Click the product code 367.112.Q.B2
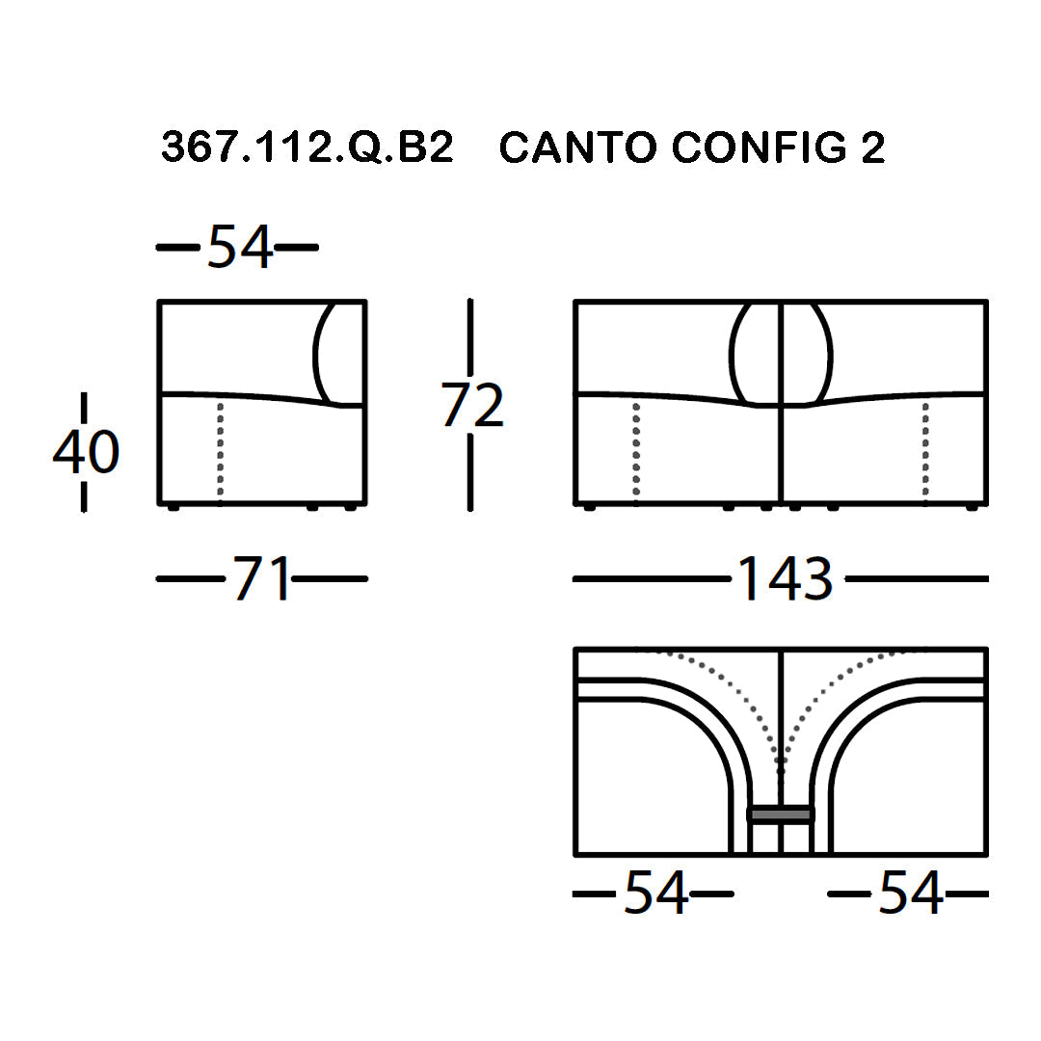(x=307, y=147)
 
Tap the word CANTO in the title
(x=577, y=147)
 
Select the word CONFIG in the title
(x=760, y=147)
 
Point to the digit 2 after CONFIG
(x=873, y=147)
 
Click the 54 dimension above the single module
(x=240, y=247)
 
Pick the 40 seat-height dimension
(x=86, y=452)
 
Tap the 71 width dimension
(x=261, y=578)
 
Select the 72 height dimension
(x=471, y=404)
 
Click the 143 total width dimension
(x=786, y=578)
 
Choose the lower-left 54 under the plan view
(x=655, y=894)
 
